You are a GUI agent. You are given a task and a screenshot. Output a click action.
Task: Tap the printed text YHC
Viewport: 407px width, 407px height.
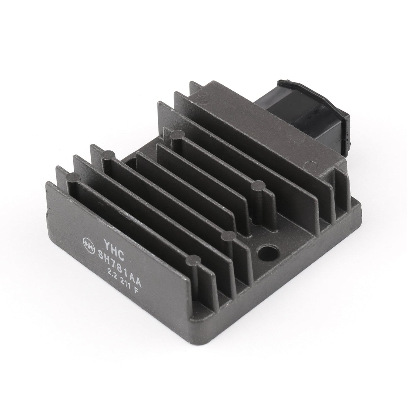[111, 244]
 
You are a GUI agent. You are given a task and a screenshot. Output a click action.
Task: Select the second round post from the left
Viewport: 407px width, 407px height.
[108, 154]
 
